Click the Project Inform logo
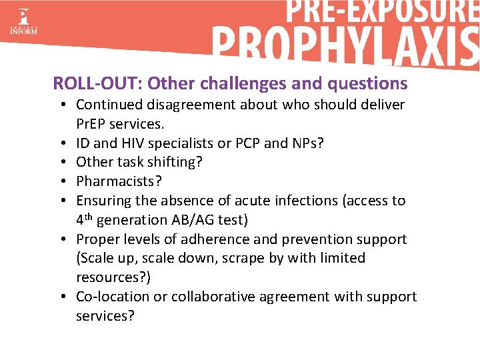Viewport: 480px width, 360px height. [x=23, y=21]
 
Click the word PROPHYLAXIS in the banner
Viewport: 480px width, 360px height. [x=346, y=47]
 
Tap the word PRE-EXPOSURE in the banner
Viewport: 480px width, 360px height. [x=383, y=13]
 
